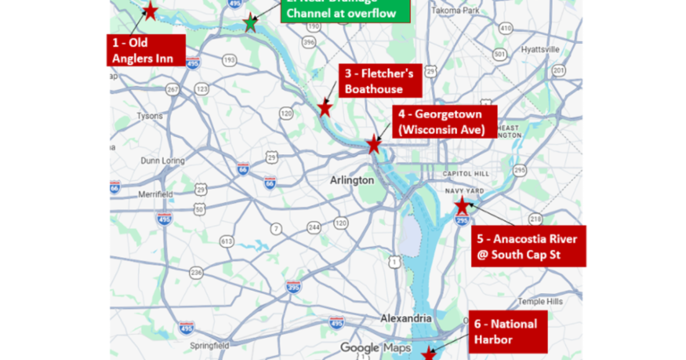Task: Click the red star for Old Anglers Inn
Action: coord(150,11)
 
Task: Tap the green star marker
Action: coord(250,22)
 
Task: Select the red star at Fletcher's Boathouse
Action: coord(325,108)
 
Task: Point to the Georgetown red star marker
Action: coord(373,144)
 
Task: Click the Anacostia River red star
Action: coord(462,206)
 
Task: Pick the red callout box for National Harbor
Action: coord(509,332)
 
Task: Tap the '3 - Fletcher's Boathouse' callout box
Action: coord(380,81)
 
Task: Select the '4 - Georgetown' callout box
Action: coord(444,122)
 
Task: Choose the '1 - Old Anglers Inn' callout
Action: coord(146,50)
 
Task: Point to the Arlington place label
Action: coord(352,180)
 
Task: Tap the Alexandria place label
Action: coord(406,318)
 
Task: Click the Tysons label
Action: coord(150,116)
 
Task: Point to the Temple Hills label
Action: coord(540,301)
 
